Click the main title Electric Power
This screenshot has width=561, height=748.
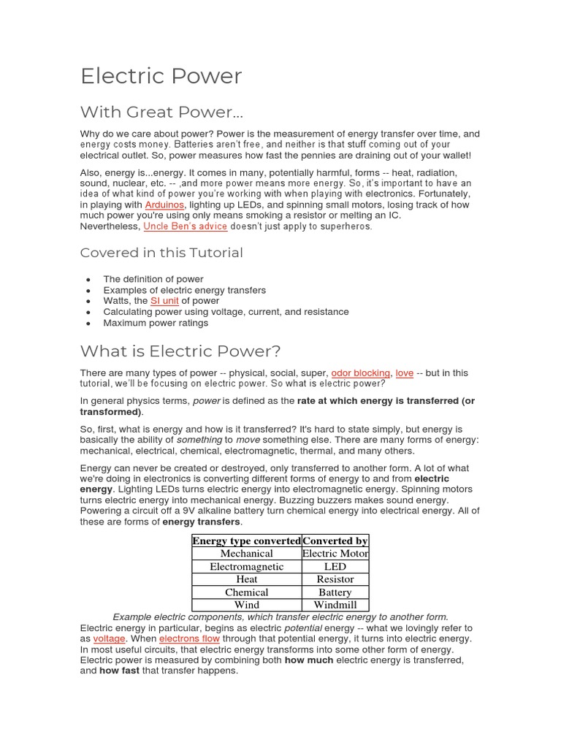point(161,76)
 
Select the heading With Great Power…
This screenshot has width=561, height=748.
point(161,112)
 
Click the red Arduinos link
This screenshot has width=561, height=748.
point(164,205)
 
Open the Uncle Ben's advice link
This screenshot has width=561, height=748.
point(185,226)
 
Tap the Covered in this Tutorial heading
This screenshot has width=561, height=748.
point(161,253)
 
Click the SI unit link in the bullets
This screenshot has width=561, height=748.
point(164,301)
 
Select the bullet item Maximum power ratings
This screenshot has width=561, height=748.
point(156,323)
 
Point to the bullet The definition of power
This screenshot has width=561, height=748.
point(153,279)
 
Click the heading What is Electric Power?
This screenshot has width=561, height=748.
point(180,351)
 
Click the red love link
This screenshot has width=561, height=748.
point(405,373)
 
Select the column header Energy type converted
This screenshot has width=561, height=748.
point(247,541)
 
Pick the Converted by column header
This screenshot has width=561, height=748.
point(335,541)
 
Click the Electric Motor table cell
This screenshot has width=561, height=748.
point(335,554)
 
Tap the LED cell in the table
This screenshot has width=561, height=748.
point(335,567)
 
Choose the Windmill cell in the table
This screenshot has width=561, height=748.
point(335,605)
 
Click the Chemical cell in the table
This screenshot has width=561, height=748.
point(247,592)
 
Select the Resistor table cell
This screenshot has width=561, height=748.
point(335,579)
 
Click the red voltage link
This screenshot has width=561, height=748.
point(110,638)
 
